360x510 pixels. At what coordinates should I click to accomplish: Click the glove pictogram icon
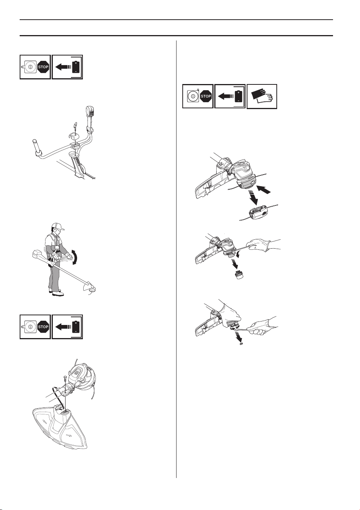point(262,96)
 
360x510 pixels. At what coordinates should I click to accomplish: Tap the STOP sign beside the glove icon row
point(205,96)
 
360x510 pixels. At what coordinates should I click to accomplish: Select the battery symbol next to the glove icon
point(238,96)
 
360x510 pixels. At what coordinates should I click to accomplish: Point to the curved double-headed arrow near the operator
point(75,257)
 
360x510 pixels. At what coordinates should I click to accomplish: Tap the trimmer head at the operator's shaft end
point(92,290)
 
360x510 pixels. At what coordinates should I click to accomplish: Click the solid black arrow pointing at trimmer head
point(264,190)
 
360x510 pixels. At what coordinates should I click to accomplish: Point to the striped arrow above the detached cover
point(254,196)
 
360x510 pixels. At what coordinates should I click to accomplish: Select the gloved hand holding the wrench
point(262,326)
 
